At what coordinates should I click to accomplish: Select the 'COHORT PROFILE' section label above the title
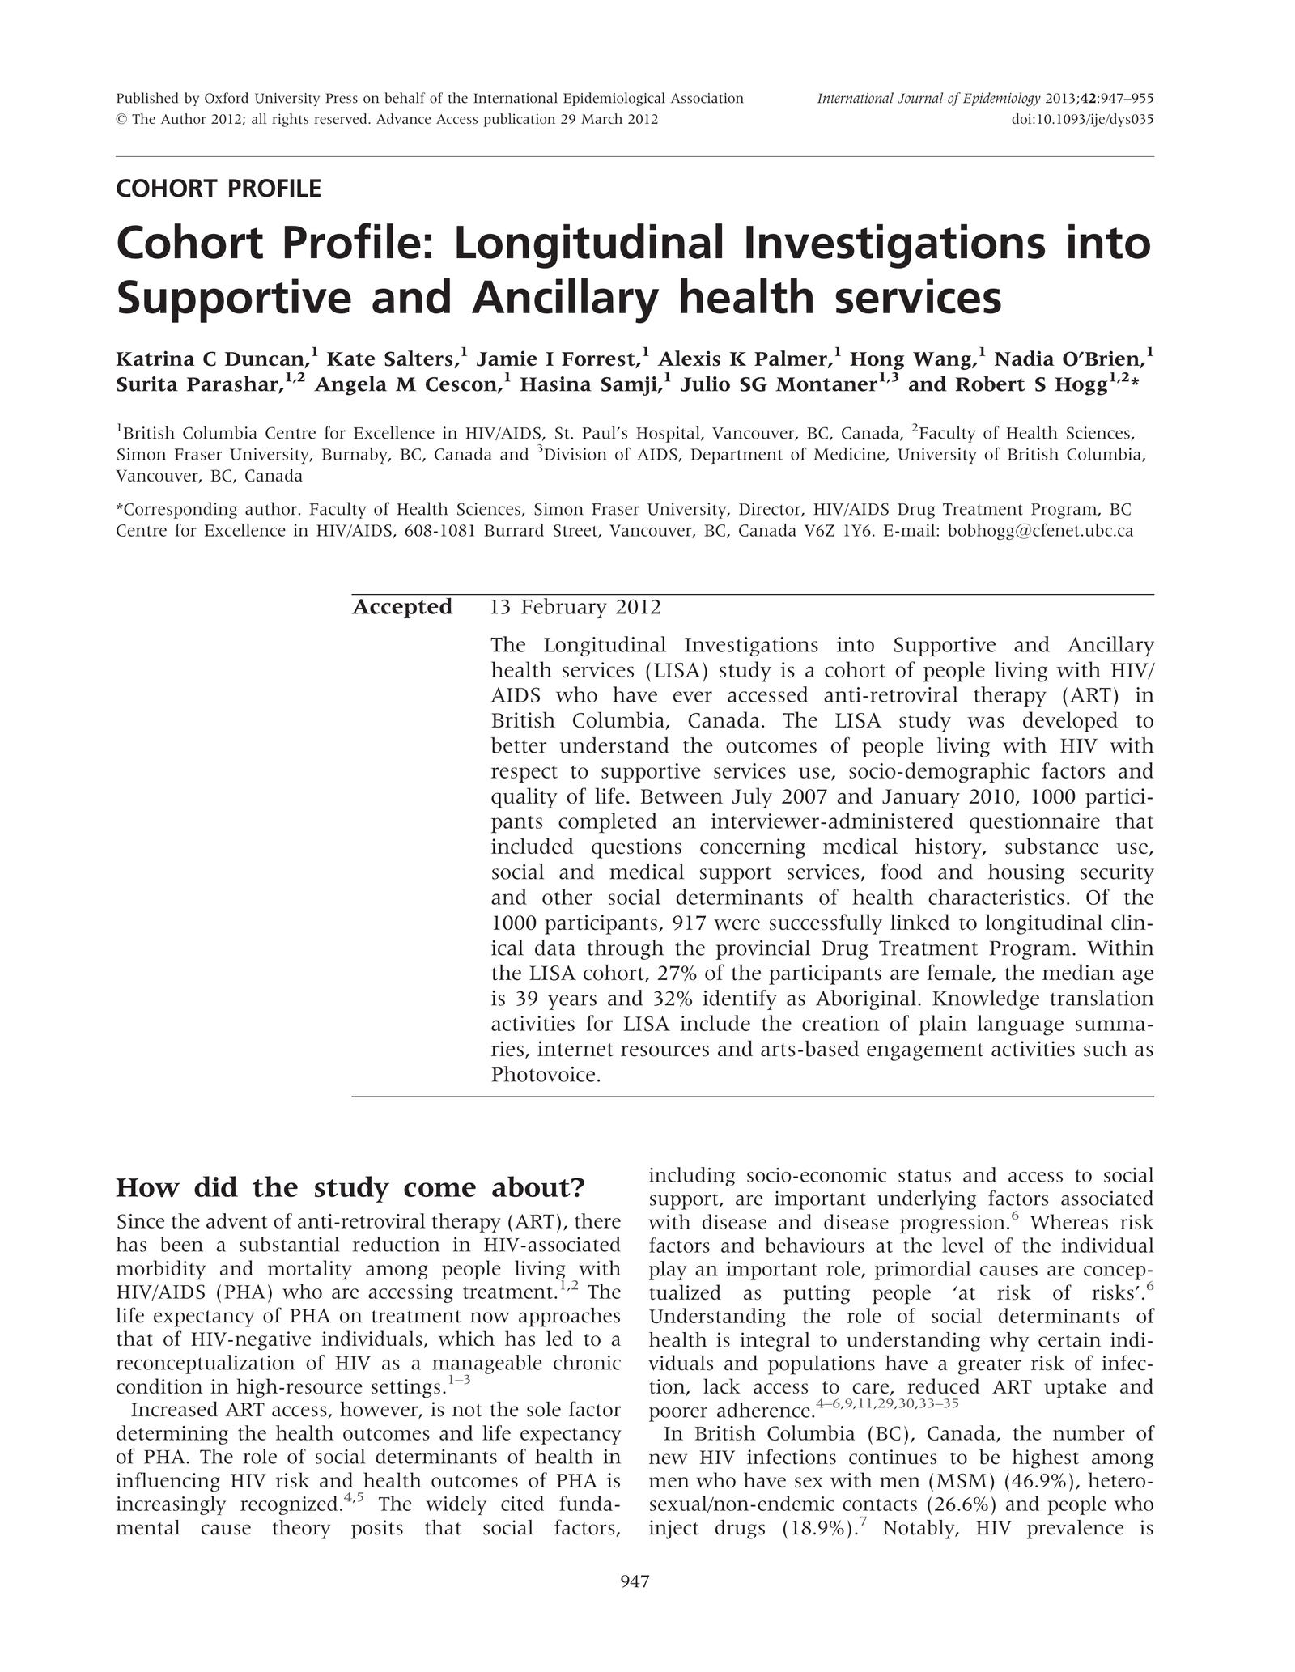click(219, 189)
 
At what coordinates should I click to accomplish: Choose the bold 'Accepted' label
click(402, 607)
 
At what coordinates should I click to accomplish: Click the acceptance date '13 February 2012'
click(575, 607)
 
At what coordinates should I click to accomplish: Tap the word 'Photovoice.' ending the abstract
click(546, 1076)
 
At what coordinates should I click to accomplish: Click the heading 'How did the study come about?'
click(350, 1188)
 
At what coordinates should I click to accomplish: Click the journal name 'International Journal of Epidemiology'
click(928, 99)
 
